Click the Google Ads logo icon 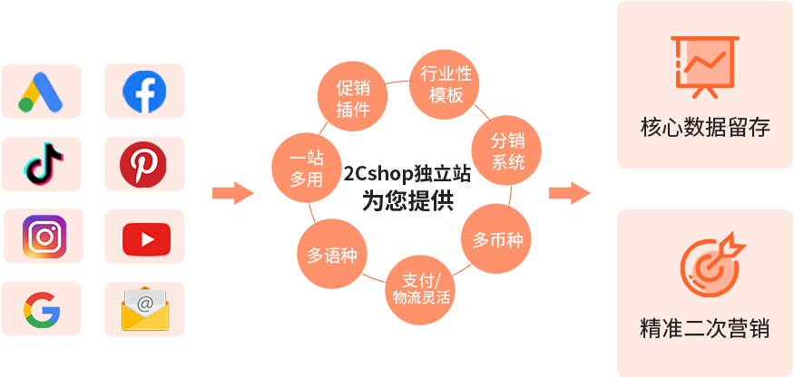(41, 91)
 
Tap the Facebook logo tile (144, 91)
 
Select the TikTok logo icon (41, 164)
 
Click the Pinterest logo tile (144, 164)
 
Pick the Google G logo (41, 309)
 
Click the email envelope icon (144, 309)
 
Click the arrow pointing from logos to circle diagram (232, 193)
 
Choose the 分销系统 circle (508, 151)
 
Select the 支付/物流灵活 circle (421, 288)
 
